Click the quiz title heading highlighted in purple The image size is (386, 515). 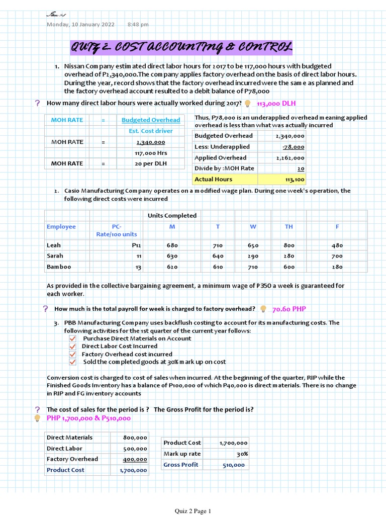[180, 48]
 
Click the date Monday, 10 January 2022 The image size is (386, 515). [80, 25]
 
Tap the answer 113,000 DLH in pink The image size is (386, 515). [276, 103]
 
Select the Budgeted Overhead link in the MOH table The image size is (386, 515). [151, 120]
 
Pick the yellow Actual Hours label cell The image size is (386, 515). [214, 179]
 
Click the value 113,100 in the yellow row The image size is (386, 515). [294, 180]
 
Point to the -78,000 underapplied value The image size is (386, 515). [295, 147]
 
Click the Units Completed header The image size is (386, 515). [172, 216]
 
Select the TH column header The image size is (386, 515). [288, 227]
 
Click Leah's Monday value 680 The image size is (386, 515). [172, 245]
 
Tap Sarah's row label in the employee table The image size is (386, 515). [55, 256]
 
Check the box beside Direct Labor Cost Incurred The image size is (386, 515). [72, 347]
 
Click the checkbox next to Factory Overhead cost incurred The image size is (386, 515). [72, 355]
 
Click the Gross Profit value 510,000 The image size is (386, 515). [234, 465]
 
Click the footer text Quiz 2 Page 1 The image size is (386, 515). [192, 511]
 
